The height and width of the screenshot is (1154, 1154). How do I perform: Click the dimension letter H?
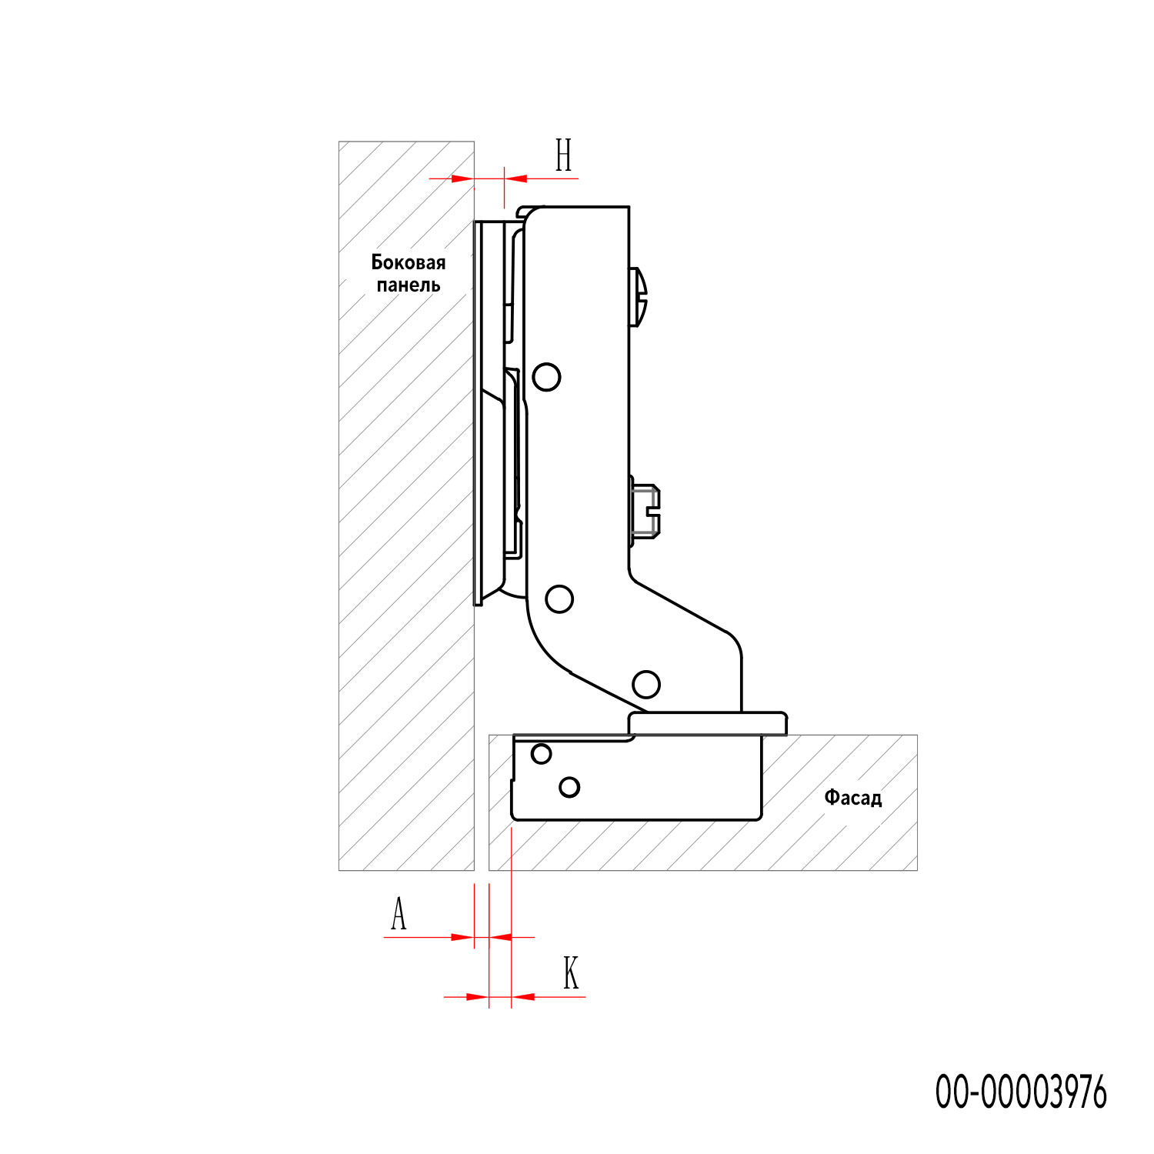[x=564, y=155]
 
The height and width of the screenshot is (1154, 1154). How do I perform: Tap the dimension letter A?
[x=399, y=914]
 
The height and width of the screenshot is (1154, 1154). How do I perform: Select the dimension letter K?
[x=570, y=973]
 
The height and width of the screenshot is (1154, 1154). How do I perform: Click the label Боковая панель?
[x=409, y=274]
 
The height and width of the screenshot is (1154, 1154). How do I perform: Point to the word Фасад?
[x=853, y=798]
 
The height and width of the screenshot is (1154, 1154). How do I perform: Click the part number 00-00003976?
[x=1021, y=1092]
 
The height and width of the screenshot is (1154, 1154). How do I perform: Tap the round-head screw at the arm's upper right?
[x=639, y=297]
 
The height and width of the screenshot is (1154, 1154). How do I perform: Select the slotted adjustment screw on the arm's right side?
[x=645, y=510]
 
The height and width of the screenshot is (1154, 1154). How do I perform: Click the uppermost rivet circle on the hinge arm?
[x=546, y=377]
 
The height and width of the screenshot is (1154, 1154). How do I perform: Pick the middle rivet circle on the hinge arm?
[x=559, y=599]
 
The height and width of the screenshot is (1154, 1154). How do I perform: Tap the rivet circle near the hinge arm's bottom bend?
[x=646, y=684]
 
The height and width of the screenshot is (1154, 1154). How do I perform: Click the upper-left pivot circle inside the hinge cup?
[x=542, y=754]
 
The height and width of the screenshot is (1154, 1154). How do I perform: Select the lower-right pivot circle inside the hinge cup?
[x=569, y=787]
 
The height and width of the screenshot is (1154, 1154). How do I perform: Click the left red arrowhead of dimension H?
[x=462, y=178]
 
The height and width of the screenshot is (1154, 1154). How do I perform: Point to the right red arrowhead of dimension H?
[x=515, y=178]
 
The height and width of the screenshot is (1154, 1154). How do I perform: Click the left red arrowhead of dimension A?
[x=462, y=937]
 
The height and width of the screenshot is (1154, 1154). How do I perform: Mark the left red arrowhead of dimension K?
[x=477, y=997]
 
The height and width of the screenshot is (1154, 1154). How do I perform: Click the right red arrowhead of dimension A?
[x=500, y=937]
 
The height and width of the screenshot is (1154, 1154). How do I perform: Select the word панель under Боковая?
[x=409, y=285]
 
